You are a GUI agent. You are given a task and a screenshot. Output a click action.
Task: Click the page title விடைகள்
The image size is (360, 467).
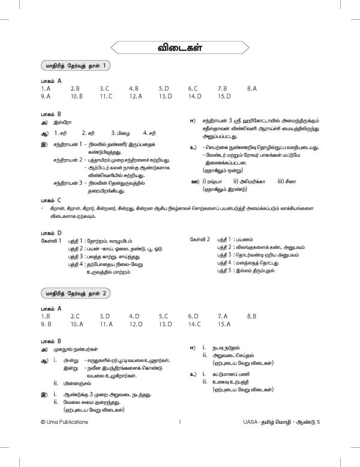(179, 47)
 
